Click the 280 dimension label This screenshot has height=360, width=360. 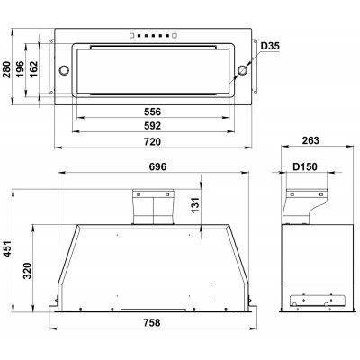pyautogui.click(x=6, y=69)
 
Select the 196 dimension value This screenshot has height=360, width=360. pyautogui.click(x=20, y=69)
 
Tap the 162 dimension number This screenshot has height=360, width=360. pyautogui.click(x=33, y=69)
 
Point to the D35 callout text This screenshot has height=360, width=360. pyautogui.click(x=270, y=46)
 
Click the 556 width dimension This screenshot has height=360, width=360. pyautogui.click(x=152, y=112)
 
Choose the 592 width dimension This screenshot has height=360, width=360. pyautogui.click(x=152, y=126)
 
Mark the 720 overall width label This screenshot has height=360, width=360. pyautogui.click(x=152, y=141)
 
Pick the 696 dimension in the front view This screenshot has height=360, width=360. pyautogui.click(x=157, y=166)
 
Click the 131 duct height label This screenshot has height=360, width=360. pyautogui.click(x=195, y=205)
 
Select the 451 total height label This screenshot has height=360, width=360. pyautogui.click(x=6, y=248)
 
